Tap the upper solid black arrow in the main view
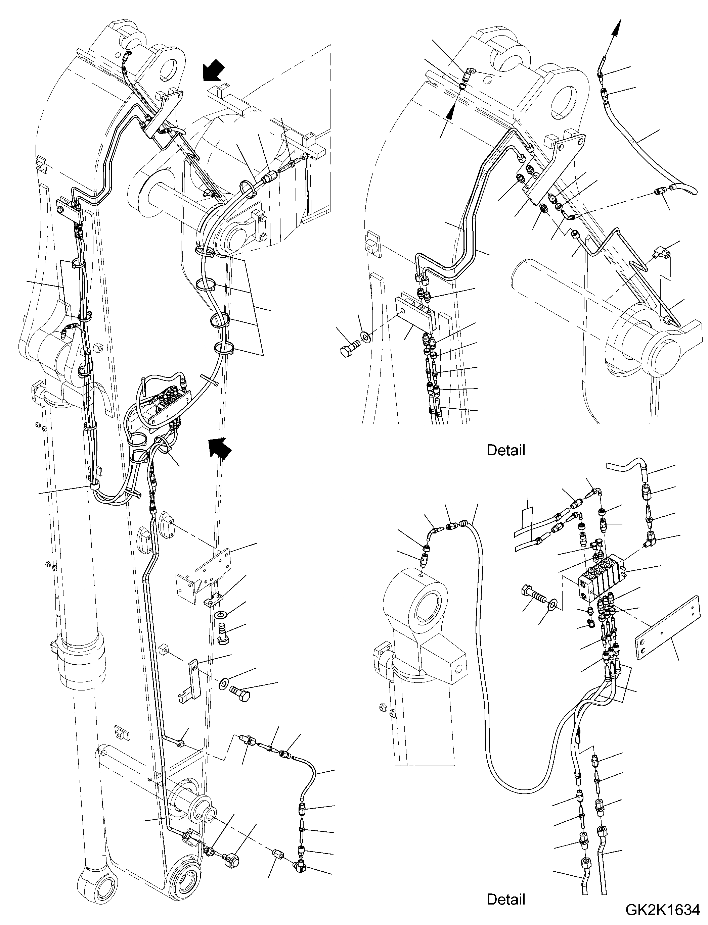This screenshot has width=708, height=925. tap(214, 69)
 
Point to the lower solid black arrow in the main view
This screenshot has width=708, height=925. tap(220, 447)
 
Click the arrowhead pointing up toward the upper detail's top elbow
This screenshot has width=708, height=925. tap(451, 111)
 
